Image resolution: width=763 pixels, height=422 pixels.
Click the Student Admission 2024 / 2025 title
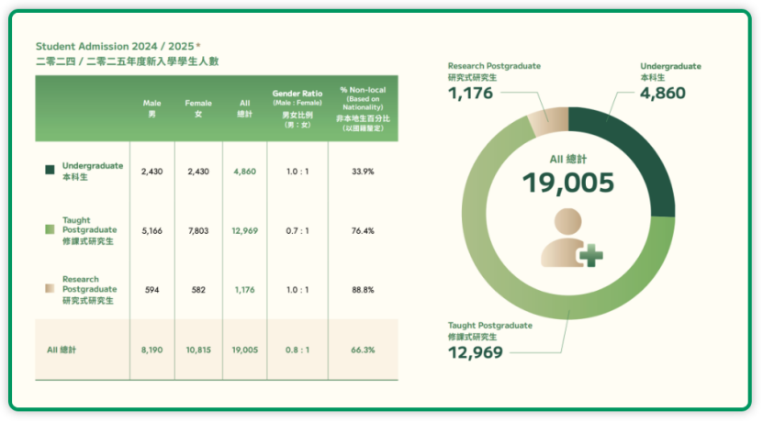[118, 47]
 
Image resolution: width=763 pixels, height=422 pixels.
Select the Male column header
[151, 108]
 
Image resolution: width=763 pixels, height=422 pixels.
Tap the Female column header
[198, 108]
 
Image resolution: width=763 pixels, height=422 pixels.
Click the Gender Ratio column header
[297, 108]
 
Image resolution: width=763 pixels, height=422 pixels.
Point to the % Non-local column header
[363, 108]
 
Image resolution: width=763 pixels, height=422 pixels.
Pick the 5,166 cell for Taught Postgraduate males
[151, 231]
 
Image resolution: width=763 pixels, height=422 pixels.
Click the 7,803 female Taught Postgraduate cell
[198, 231]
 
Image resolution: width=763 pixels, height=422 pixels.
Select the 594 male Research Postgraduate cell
[151, 290]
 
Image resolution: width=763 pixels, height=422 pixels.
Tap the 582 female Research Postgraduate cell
[198, 290]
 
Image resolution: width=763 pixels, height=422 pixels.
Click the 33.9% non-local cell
[363, 172]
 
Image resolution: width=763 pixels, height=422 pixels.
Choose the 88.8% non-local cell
[363, 290]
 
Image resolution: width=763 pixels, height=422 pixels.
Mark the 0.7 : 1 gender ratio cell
[297, 231]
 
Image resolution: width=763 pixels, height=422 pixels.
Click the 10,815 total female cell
[198, 350]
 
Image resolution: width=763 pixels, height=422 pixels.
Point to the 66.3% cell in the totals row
[363, 350]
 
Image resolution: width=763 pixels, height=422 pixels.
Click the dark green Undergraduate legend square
[50, 170]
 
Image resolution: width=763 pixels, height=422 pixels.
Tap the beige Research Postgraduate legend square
[50, 288]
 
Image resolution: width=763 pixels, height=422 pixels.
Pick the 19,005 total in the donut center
[568, 183]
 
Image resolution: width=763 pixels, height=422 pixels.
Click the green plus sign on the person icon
[590, 256]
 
